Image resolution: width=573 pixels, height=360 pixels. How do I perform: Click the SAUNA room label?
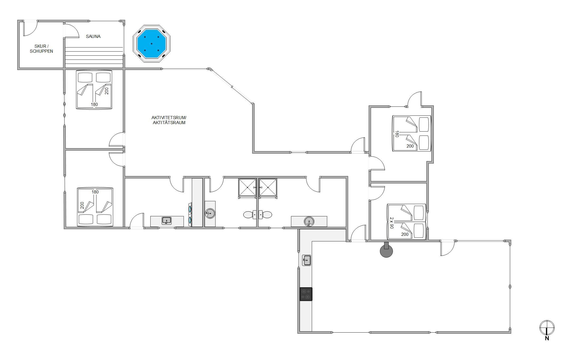click(93, 36)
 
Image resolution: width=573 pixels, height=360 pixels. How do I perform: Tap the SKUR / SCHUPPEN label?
click(41, 49)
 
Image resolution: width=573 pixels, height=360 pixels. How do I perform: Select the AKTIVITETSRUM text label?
click(169, 118)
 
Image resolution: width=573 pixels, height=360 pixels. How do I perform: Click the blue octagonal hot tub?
click(152, 44)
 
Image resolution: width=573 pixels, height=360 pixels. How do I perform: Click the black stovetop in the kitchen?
click(306, 294)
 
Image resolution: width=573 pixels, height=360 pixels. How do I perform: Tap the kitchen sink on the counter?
click(306, 260)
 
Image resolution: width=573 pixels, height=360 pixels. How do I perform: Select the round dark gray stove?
click(386, 250)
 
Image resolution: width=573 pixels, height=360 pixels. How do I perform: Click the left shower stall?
click(247, 188)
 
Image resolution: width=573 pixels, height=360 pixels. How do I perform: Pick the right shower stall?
click(268, 188)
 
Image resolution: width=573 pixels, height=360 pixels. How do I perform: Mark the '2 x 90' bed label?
click(392, 223)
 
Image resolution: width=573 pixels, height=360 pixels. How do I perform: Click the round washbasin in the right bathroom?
click(309, 221)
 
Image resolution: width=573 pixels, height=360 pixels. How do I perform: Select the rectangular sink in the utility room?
click(167, 221)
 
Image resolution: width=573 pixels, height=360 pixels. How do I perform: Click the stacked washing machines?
click(190, 215)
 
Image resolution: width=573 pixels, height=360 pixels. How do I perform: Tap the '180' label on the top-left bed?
click(94, 104)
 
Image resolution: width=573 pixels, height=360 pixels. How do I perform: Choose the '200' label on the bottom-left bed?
click(82, 205)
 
